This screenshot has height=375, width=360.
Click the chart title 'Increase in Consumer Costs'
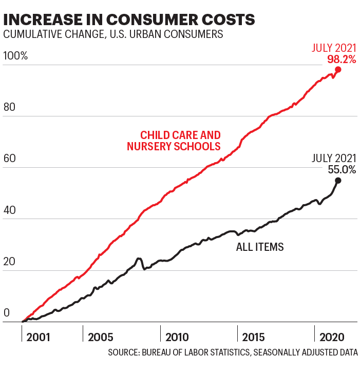coord(129,19)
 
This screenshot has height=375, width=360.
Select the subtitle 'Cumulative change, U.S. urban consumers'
coord(113,35)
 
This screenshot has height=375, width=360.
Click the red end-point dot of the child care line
coord(338,69)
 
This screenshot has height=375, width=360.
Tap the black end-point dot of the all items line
coord(338,180)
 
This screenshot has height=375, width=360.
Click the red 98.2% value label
coord(342,60)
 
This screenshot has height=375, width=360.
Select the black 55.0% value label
coord(339,169)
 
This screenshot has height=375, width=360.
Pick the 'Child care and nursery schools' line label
coord(174,141)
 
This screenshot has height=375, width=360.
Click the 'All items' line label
coord(260,247)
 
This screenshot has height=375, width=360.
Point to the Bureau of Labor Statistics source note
coord(233,353)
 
